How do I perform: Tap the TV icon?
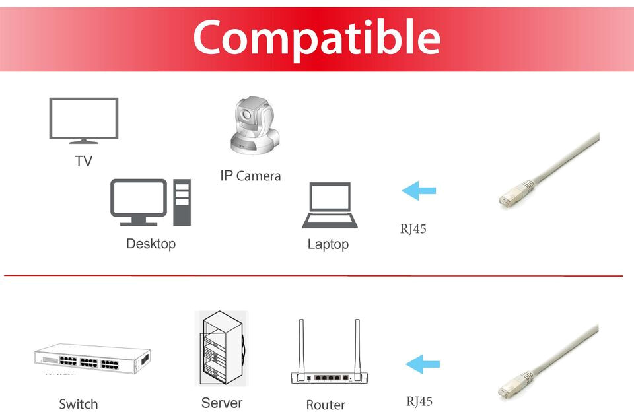pos(84,119)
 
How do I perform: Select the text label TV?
pos(83,161)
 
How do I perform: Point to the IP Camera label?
pos(250,176)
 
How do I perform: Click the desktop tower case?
pos(182,202)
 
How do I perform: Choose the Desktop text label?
pos(151,244)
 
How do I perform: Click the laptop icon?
pos(330,205)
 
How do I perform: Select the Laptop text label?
pos(328,244)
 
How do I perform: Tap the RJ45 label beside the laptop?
pos(413,230)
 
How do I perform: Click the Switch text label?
pos(78,404)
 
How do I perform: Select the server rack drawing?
pos(221,348)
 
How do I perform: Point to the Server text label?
pos(222,403)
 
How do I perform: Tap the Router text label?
pos(326,405)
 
